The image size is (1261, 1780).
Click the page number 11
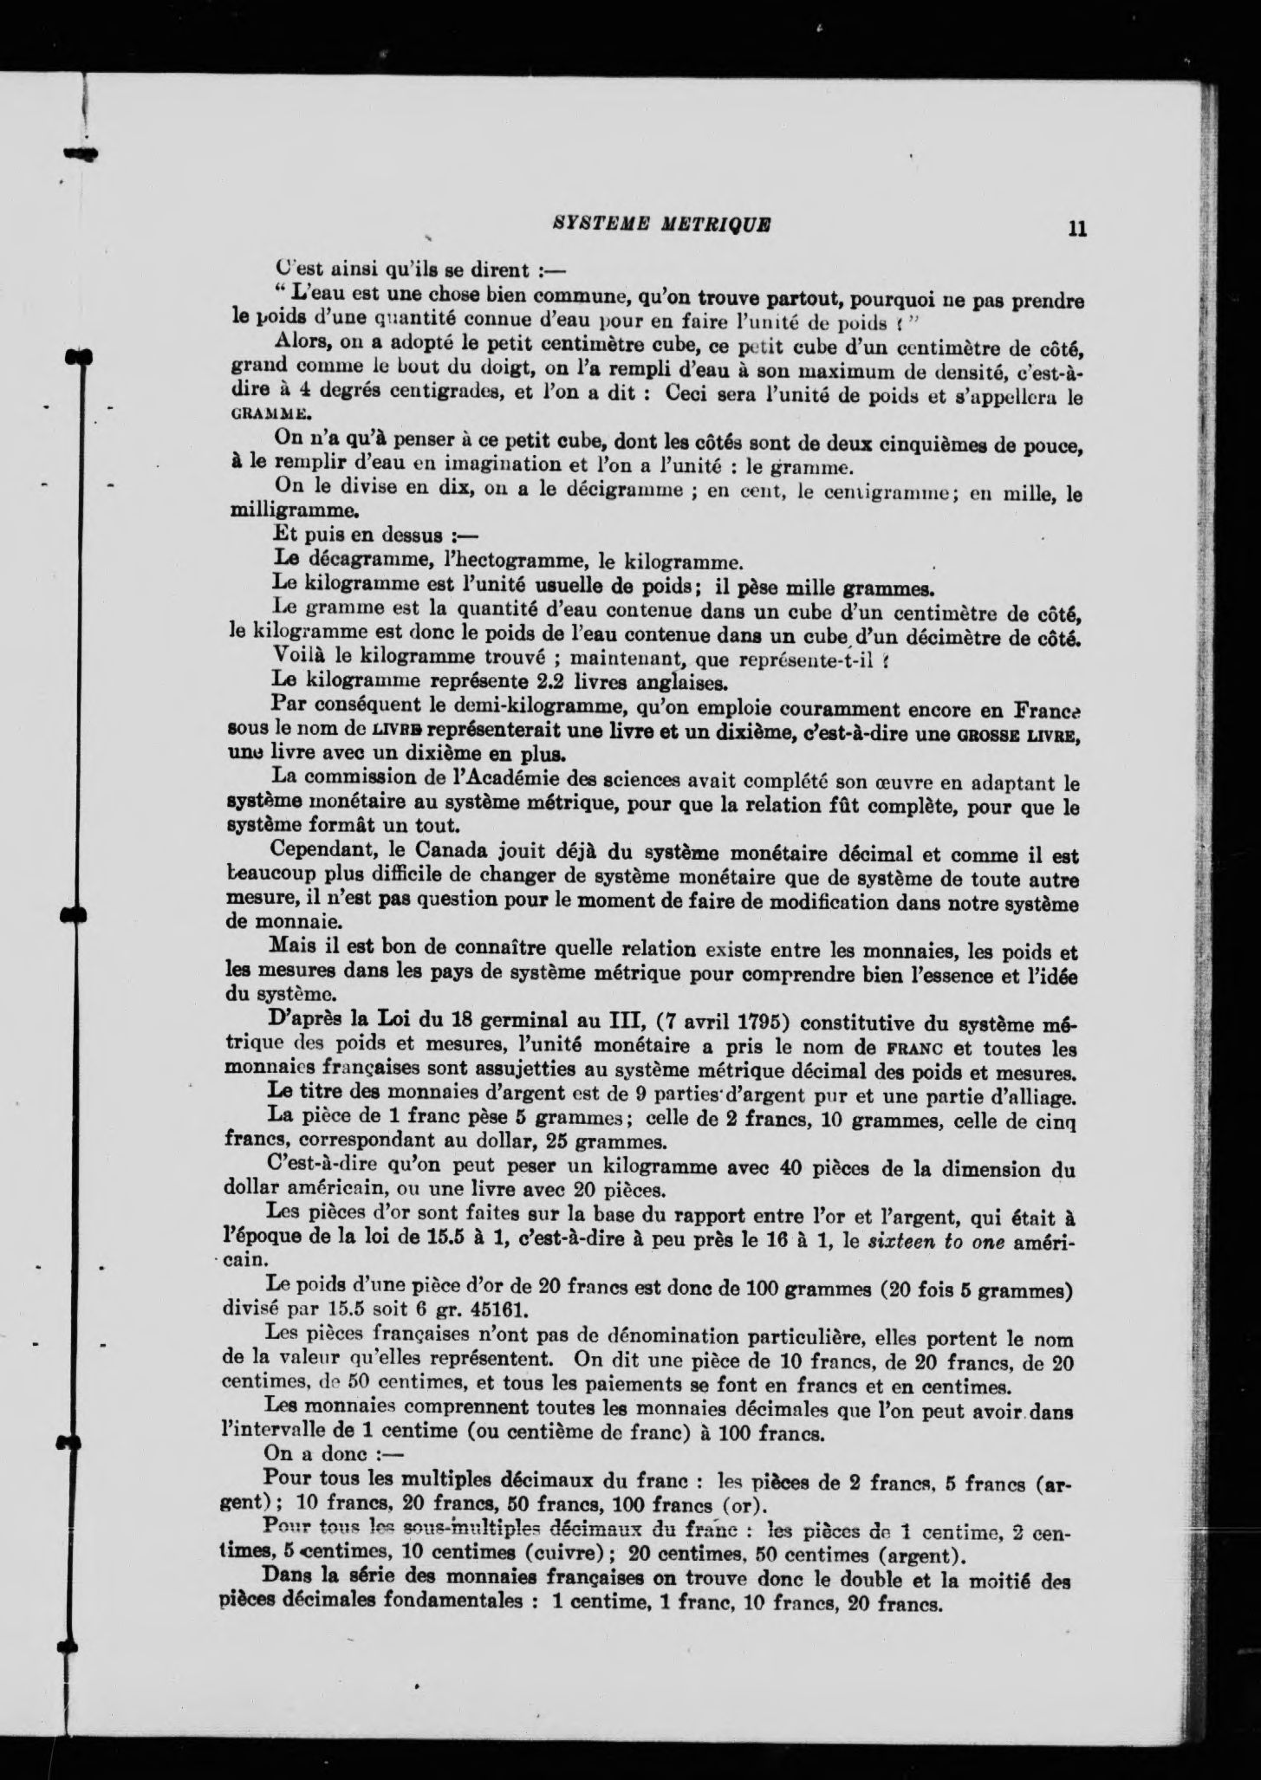[x=1077, y=230]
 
